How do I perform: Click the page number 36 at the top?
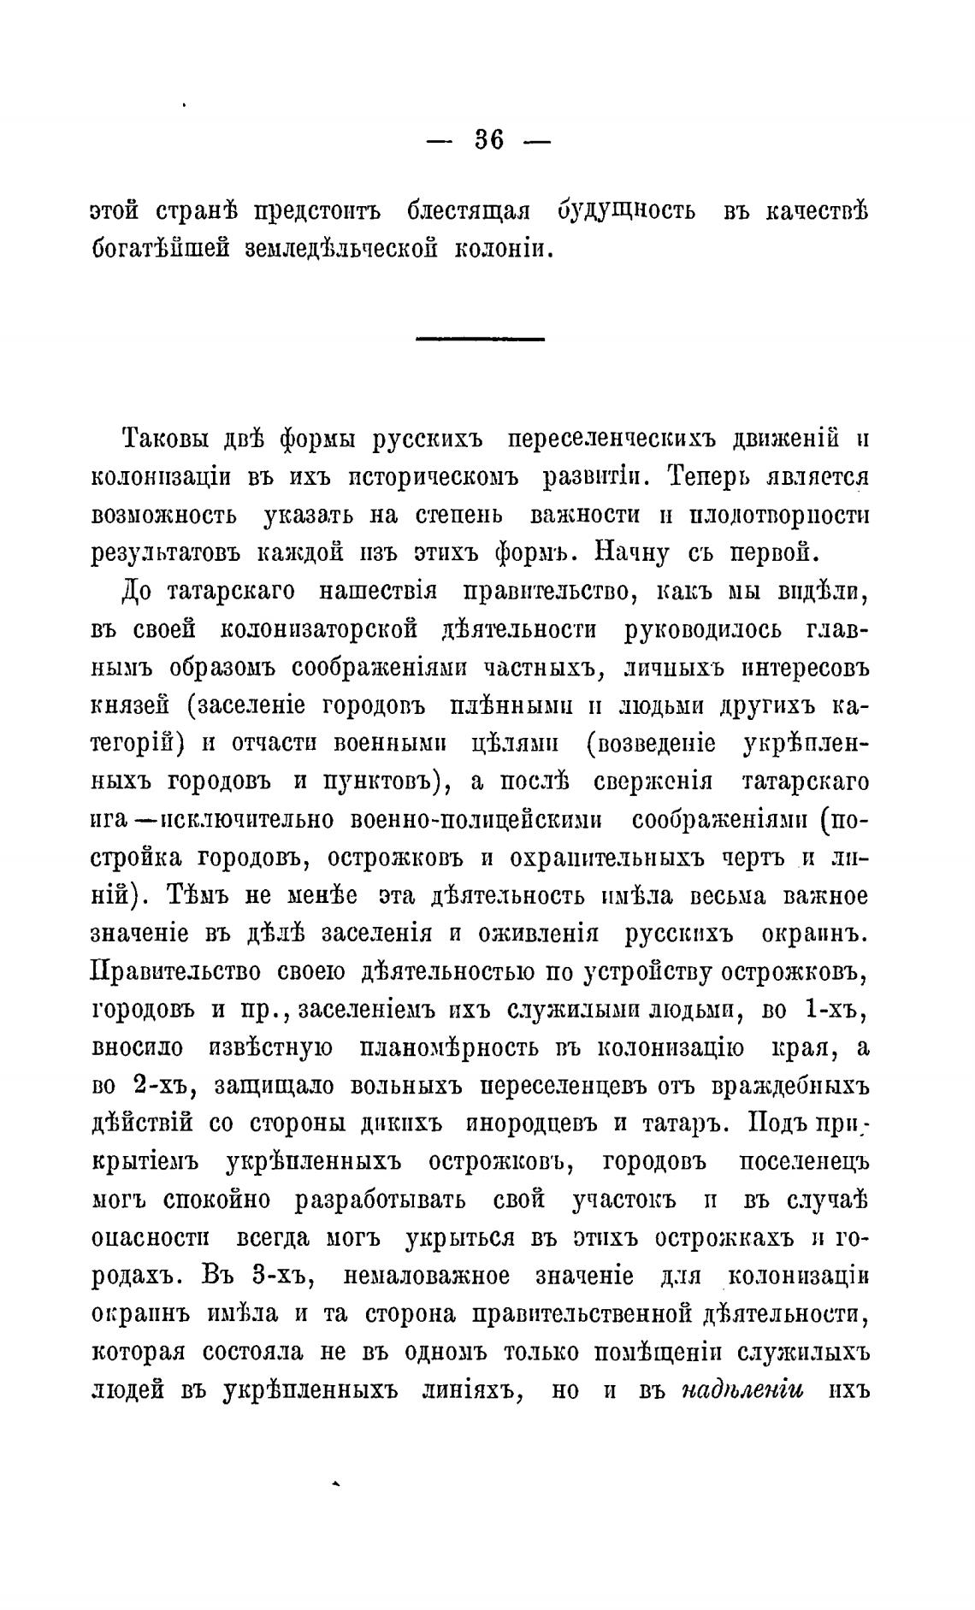(x=488, y=140)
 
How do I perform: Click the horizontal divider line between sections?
(x=480, y=340)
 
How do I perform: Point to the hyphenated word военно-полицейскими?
(x=476, y=819)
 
